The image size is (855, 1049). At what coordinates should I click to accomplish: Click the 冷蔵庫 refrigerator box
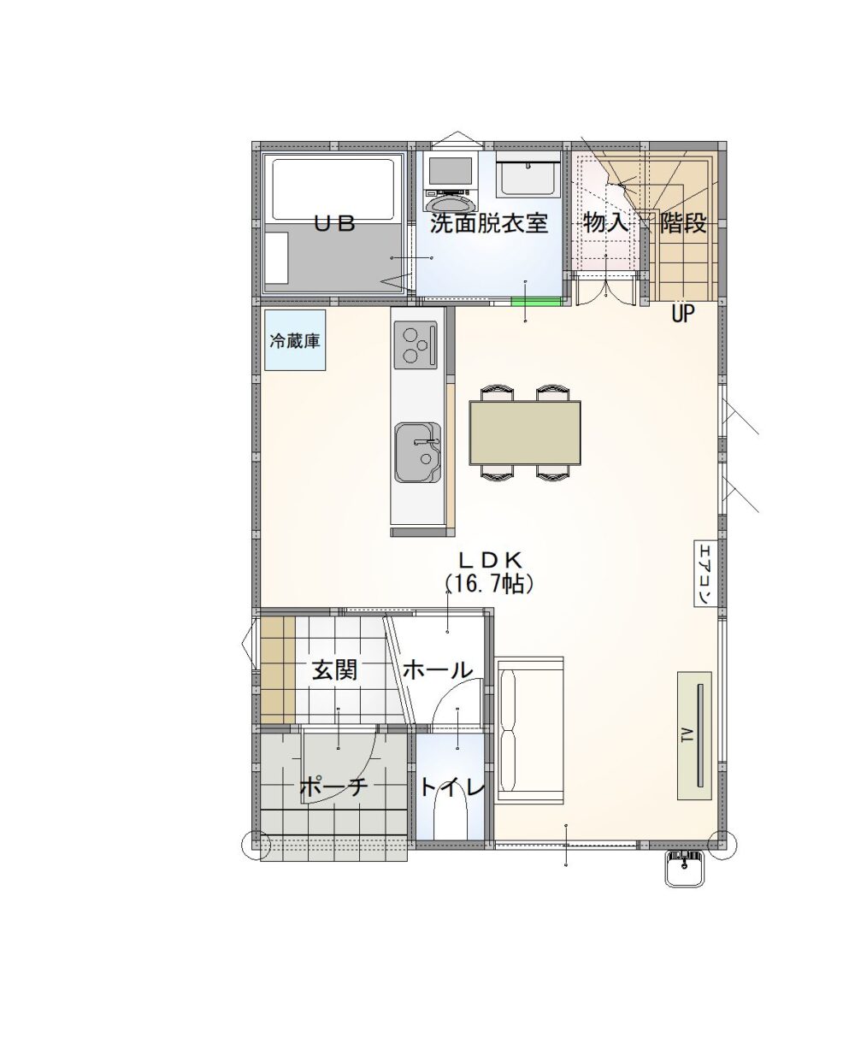point(295,340)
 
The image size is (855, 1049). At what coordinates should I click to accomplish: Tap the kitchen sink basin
point(417,452)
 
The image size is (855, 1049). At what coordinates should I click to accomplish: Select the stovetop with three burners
point(416,345)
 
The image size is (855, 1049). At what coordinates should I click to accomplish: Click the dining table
point(525,433)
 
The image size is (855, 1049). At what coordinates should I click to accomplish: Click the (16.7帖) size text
point(490,585)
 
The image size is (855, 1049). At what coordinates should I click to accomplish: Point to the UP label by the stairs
point(683,313)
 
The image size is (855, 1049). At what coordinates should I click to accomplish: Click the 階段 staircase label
point(683,224)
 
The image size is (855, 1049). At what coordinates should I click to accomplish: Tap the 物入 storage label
point(606,224)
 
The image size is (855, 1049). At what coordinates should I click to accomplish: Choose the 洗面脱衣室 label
point(490,224)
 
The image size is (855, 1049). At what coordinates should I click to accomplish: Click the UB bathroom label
point(335,224)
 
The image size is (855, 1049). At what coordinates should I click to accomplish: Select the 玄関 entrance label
point(335,670)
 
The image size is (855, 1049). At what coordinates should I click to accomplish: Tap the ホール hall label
point(438,670)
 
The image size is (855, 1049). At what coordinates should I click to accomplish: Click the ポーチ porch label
point(334,788)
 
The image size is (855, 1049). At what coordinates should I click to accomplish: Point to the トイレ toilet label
point(452,788)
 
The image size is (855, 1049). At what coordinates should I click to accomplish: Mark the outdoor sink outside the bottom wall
point(684,869)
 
